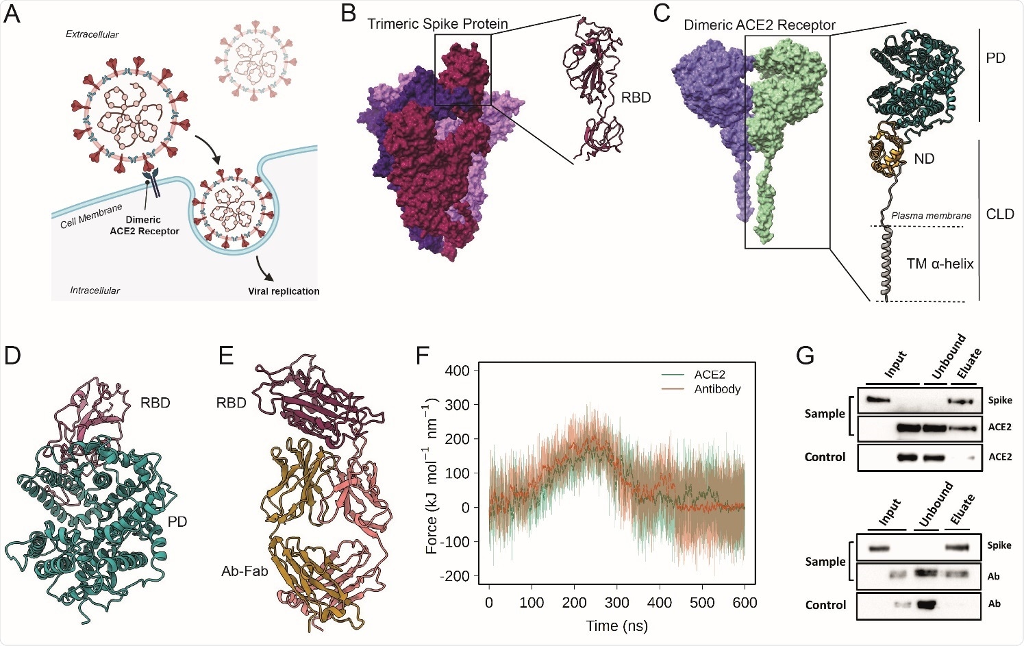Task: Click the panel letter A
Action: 12,14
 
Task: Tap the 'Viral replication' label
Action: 284,291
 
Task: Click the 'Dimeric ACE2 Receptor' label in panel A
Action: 144,225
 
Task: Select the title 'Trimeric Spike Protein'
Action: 437,24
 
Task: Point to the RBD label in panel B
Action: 636,98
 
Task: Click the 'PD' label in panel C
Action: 995,59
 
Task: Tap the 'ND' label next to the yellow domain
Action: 923,159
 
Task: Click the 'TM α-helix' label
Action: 940,264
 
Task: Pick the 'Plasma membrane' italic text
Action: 931,216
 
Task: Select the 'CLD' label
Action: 999,214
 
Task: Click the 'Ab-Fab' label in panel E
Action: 245,571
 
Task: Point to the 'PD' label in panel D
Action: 177,522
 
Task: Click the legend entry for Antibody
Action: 717,389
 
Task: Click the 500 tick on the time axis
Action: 702,603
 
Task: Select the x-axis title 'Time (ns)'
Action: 616,625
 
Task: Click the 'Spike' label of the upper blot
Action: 1000,400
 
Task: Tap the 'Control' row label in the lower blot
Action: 825,605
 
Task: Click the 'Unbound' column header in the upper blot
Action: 949,356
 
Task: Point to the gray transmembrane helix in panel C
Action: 888,264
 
